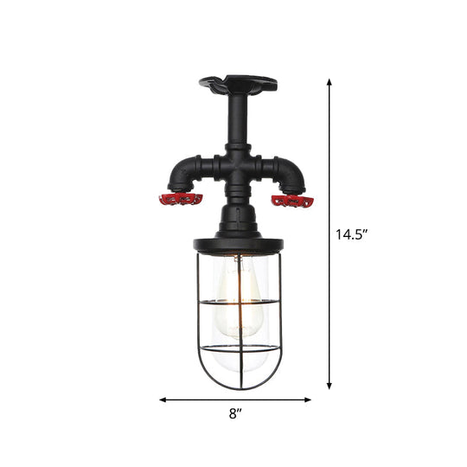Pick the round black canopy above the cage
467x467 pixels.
[x=236, y=243]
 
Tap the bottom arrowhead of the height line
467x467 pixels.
[x=329, y=387]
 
